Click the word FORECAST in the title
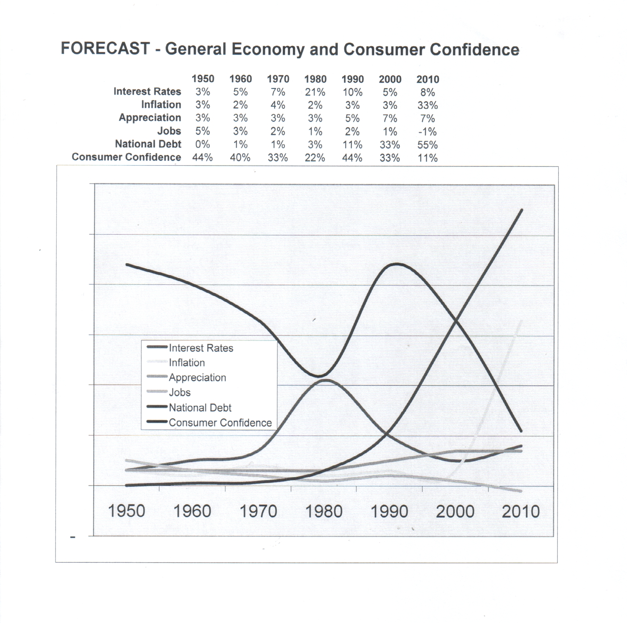click(x=105, y=49)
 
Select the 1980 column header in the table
click(x=315, y=79)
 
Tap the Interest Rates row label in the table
click(x=147, y=91)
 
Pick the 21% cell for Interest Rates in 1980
click(x=315, y=92)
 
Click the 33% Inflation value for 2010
click(x=428, y=105)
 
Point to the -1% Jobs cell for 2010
click(x=428, y=132)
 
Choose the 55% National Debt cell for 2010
click(x=428, y=145)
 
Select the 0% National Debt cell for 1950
click(x=203, y=144)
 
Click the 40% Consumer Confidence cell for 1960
click(x=240, y=158)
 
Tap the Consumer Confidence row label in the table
click(x=126, y=157)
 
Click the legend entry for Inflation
click(x=186, y=363)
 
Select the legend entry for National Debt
click(x=200, y=408)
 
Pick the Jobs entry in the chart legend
click(x=179, y=392)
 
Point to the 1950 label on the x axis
click(x=126, y=511)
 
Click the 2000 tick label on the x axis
click(x=455, y=511)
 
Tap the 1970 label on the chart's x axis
click(x=258, y=511)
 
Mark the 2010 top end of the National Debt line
click(x=522, y=210)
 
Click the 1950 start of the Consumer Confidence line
click(x=127, y=264)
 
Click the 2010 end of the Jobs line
click(x=521, y=491)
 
